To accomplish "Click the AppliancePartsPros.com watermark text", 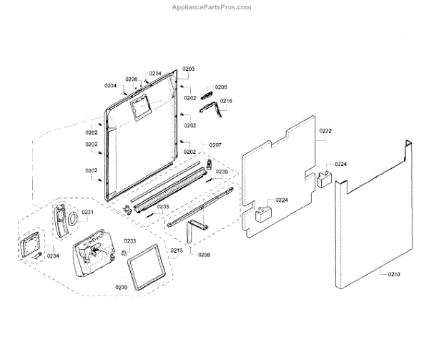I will [x=214, y=7].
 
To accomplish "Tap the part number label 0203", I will [x=188, y=69].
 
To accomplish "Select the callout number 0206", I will [x=132, y=79].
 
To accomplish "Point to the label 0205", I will [x=221, y=87].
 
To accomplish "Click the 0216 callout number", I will [x=226, y=102].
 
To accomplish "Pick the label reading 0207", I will [x=215, y=146].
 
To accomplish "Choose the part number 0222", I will [x=325, y=132].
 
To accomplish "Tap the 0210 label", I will [x=395, y=273].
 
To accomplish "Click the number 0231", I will [x=88, y=213].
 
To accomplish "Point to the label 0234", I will [x=54, y=256].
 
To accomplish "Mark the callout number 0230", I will [x=122, y=287].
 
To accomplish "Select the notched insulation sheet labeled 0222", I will [x=279, y=172].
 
